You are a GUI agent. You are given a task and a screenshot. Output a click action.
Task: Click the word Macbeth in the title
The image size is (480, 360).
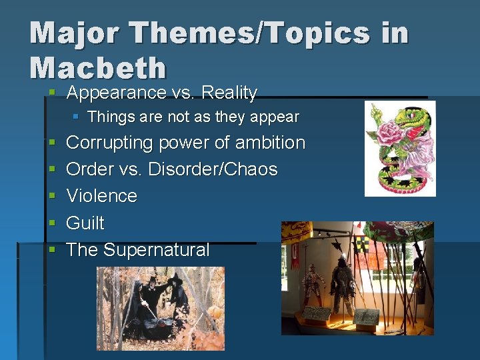(98, 68)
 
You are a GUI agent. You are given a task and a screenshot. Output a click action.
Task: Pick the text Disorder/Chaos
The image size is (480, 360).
(213, 169)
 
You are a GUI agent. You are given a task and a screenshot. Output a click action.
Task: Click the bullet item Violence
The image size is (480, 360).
(101, 196)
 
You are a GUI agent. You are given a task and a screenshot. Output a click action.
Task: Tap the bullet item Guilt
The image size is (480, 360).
(85, 223)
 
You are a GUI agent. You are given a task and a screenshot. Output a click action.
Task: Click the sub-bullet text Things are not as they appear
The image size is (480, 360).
(193, 117)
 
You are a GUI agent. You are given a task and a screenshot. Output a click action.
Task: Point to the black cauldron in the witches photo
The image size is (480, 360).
(143, 327)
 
